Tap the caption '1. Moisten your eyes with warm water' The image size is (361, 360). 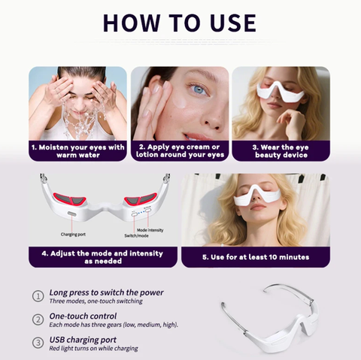[78, 151]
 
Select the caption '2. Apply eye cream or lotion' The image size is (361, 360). [180, 151]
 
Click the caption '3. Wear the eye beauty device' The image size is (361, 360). [281, 151]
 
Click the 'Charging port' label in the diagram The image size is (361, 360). [73, 234]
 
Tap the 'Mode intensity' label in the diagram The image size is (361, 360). [150, 230]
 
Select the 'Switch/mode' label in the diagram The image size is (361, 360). [136, 236]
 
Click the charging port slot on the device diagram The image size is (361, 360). [71, 213]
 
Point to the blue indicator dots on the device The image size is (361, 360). [141, 212]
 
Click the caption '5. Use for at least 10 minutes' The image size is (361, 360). [256, 257]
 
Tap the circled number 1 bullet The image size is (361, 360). [38, 296]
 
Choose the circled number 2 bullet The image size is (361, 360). [38, 319]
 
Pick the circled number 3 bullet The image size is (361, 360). [38, 343]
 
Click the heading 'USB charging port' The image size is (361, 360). [83, 340]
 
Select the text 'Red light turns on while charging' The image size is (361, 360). [93, 349]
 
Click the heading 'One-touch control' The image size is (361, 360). [83, 316]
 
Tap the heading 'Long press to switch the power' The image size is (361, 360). [106, 292]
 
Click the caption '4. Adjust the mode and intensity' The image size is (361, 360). [103, 257]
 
